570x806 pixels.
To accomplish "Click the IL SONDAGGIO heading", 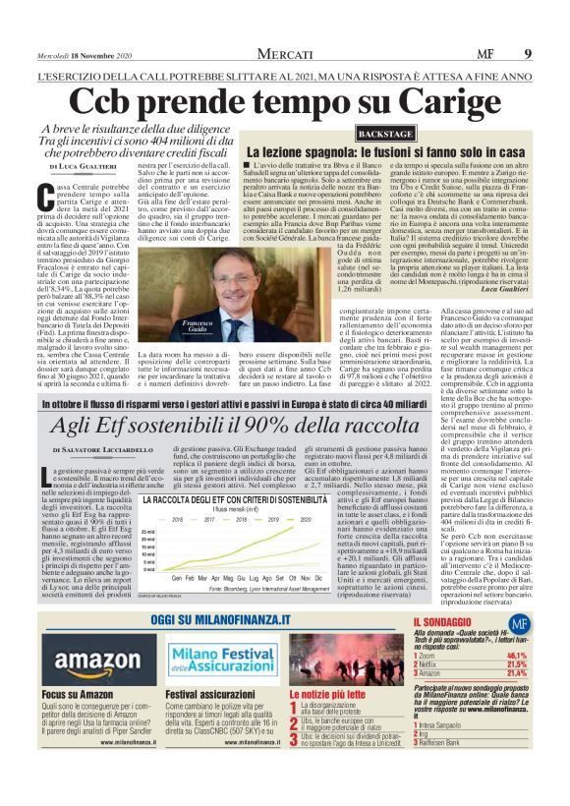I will click(x=446, y=623).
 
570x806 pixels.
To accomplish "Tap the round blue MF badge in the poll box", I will click(x=519, y=623).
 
